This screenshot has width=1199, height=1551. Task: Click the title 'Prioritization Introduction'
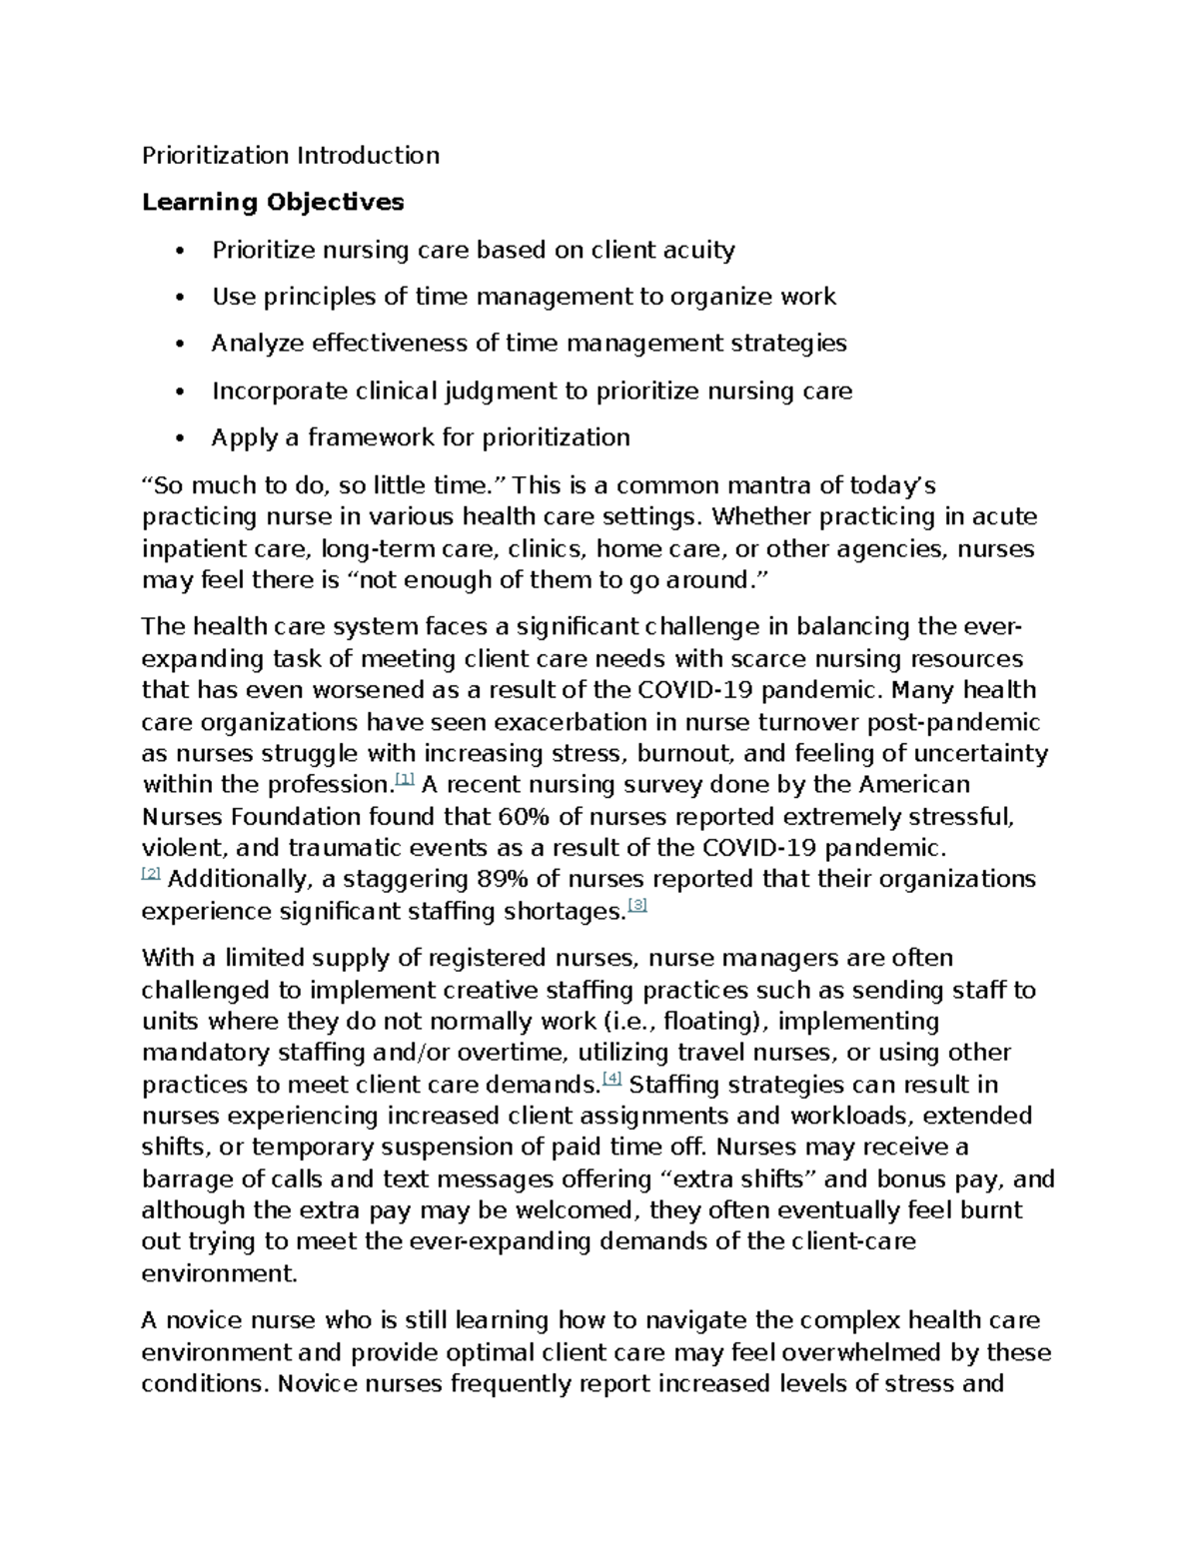tap(290, 155)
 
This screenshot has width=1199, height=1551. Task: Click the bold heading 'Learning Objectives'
tap(273, 202)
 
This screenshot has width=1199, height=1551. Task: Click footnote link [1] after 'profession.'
tap(405, 779)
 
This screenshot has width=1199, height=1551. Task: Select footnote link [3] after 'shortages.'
tap(637, 906)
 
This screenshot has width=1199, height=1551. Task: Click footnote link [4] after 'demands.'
tap(612, 1079)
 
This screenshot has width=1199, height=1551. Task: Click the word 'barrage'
tap(183, 1178)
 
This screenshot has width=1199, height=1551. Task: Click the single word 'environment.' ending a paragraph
tap(220, 1273)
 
